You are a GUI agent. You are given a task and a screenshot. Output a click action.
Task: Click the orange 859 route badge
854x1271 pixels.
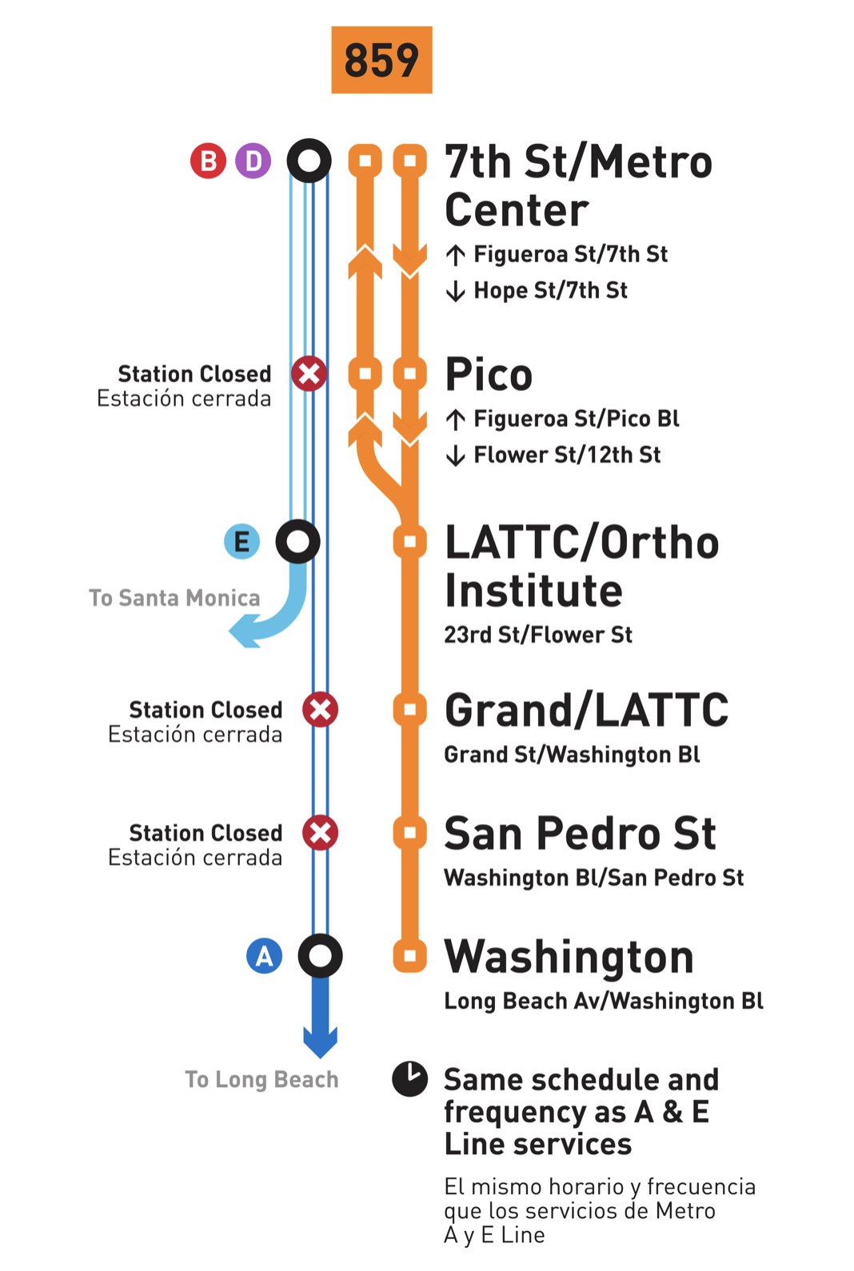pyautogui.click(x=381, y=60)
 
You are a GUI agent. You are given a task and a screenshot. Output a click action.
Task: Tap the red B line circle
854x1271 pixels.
pyautogui.click(x=208, y=161)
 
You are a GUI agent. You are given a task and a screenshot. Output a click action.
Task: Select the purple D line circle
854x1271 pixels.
pyautogui.click(x=253, y=161)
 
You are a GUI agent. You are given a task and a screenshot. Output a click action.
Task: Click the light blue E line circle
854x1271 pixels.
pyautogui.click(x=241, y=541)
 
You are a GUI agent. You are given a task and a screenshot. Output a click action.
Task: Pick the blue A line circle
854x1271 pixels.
pyautogui.click(x=264, y=955)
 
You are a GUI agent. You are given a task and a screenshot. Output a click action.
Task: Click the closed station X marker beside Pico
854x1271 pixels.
pyautogui.click(x=309, y=373)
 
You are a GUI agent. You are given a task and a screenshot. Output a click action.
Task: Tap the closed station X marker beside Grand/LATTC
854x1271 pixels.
pyautogui.click(x=320, y=709)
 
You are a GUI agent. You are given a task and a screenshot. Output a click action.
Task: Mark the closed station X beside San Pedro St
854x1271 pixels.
pyautogui.click(x=320, y=832)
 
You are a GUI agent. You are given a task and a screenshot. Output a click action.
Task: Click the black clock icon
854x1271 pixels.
pyautogui.click(x=409, y=1078)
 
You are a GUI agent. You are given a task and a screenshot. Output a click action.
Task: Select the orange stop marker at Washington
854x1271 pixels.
pyautogui.click(x=409, y=955)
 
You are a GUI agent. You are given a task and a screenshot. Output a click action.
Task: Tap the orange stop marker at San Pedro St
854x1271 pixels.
pyautogui.click(x=409, y=832)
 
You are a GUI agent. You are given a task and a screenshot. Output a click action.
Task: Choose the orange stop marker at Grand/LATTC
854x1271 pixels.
pyautogui.click(x=409, y=709)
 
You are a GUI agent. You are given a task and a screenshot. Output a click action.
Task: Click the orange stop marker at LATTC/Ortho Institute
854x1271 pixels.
pyautogui.click(x=409, y=541)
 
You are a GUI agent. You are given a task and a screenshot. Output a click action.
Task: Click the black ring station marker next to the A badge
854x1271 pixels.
pyautogui.click(x=320, y=955)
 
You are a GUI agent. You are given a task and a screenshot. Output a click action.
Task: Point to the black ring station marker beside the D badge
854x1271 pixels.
pyautogui.click(x=309, y=161)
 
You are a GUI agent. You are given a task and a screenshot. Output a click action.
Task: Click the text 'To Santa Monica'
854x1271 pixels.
pyautogui.click(x=174, y=598)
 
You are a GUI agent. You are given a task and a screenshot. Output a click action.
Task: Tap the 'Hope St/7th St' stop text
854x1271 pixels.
pyautogui.click(x=550, y=290)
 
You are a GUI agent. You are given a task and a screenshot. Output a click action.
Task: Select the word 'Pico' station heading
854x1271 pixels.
pyautogui.click(x=489, y=374)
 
